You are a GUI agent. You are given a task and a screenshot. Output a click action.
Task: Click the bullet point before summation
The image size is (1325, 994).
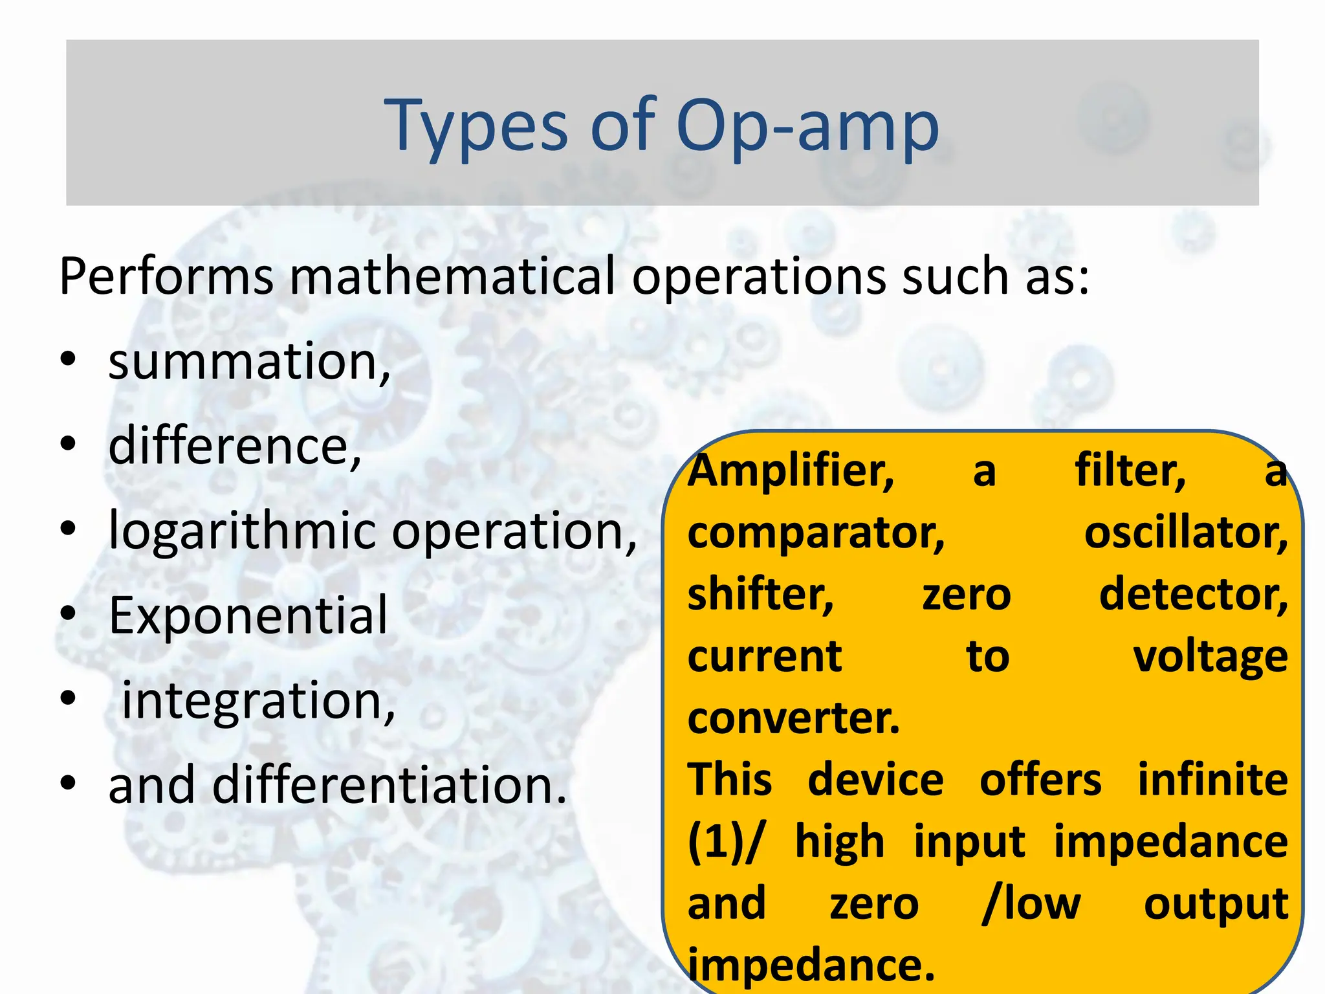click(69, 360)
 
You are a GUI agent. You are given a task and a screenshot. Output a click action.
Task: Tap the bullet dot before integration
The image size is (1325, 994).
click(69, 699)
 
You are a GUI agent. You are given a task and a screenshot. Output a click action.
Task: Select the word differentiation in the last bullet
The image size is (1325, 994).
click(389, 785)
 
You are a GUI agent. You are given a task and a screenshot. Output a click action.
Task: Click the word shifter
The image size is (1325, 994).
click(760, 595)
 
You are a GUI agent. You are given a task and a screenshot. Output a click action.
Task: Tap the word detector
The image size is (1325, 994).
click(1193, 595)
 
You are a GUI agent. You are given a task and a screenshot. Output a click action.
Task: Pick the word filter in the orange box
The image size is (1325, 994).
click(1130, 470)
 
